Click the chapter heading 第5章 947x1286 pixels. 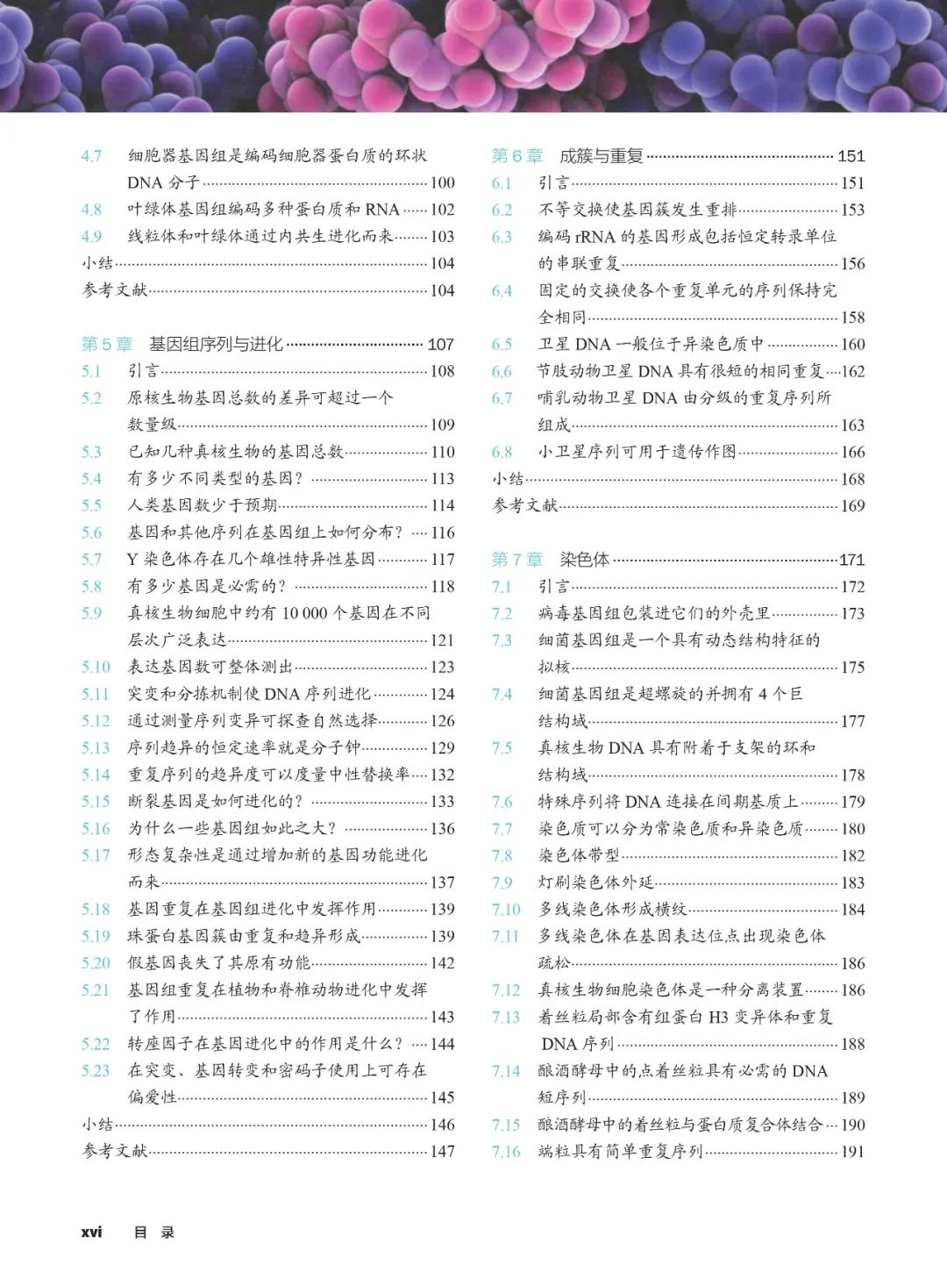[107, 344]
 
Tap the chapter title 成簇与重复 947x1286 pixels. [602, 156]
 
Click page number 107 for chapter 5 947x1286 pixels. [440, 345]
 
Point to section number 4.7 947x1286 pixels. [91, 156]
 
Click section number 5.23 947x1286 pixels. [96, 1070]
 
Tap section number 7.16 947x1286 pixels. [506, 1151]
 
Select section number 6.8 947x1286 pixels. [502, 452]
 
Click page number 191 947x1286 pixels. [852, 1152]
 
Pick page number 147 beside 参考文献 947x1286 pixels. [442, 1151]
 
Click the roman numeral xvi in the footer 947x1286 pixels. [91, 1232]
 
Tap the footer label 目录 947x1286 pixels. [154, 1232]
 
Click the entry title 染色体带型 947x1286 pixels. [579, 855]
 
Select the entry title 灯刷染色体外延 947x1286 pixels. [596, 882]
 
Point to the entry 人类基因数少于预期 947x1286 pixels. [203, 505]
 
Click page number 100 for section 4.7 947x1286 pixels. [442, 183]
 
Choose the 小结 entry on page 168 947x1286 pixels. [509, 479]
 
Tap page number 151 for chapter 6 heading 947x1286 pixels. [851, 156]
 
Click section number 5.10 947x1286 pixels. [96, 667]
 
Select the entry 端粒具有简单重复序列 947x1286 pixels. [620, 1151]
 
